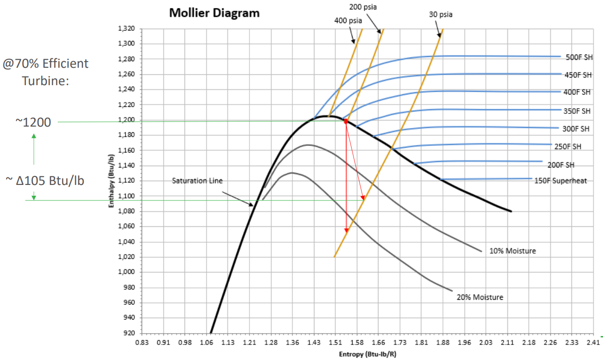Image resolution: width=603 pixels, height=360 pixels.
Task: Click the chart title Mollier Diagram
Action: (214, 13)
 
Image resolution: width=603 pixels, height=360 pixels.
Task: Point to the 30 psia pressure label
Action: (440, 14)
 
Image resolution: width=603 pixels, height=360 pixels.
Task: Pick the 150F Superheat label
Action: (561, 180)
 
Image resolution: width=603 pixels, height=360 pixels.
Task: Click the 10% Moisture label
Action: (512, 251)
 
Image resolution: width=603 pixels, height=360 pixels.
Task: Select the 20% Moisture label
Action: (480, 297)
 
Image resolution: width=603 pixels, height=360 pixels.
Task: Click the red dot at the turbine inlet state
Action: (346, 121)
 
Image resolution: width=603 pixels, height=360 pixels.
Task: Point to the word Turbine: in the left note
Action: (45, 80)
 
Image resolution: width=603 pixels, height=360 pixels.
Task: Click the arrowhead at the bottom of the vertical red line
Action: (346, 230)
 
